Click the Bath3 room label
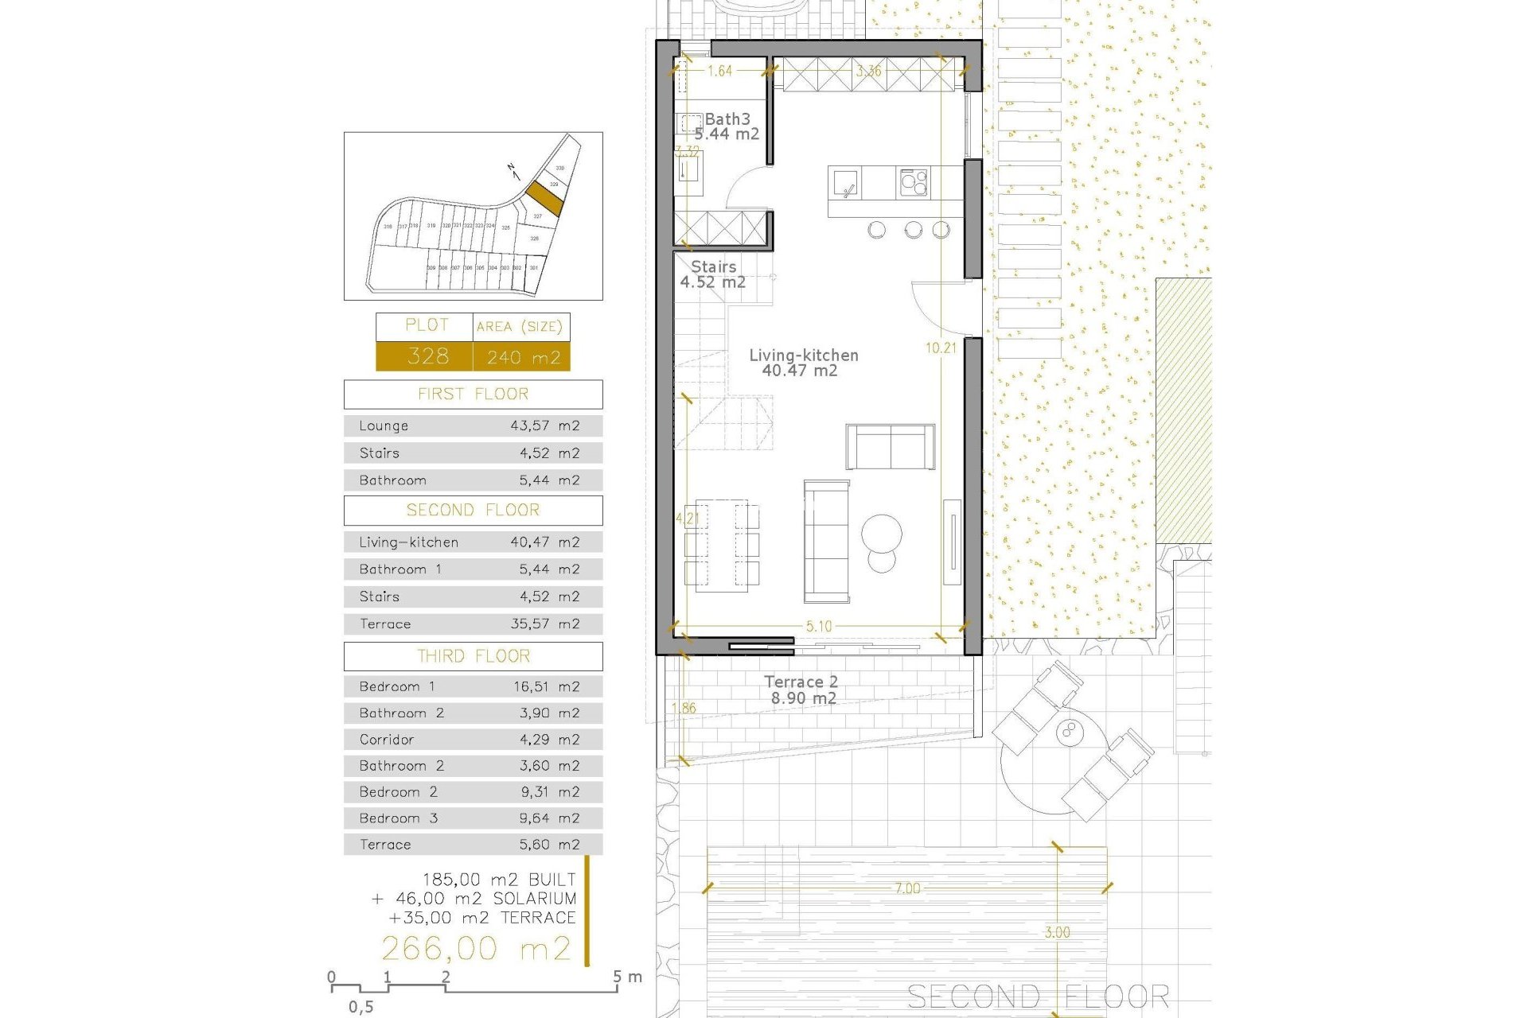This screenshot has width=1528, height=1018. click(x=727, y=119)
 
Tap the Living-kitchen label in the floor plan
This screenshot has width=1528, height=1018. click(x=803, y=356)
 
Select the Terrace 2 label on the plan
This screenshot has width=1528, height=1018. click(x=801, y=682)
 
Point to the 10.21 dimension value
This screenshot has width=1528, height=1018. click(x=941, y=348)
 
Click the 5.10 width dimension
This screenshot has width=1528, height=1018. click(x=819, y=626)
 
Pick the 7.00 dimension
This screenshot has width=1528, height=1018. click(x=907, y=888)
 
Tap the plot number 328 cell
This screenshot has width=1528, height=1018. click(x=427, y=356)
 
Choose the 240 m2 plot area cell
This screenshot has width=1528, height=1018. click(x=523, y=357)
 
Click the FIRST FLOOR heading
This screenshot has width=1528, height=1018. click(x=473, y=394)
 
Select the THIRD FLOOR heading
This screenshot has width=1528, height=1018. click(x=473, y=656)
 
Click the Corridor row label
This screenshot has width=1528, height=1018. click(x=387, y=740)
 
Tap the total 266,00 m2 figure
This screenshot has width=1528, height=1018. click(x=476, y=949)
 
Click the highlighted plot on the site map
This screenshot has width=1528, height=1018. click(x=545, y=197)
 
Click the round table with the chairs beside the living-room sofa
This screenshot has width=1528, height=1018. click(x=882, y=532)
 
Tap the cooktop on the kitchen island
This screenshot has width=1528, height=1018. click(x=914, y=182)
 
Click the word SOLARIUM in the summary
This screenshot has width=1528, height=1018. click(x=535, y=899)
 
